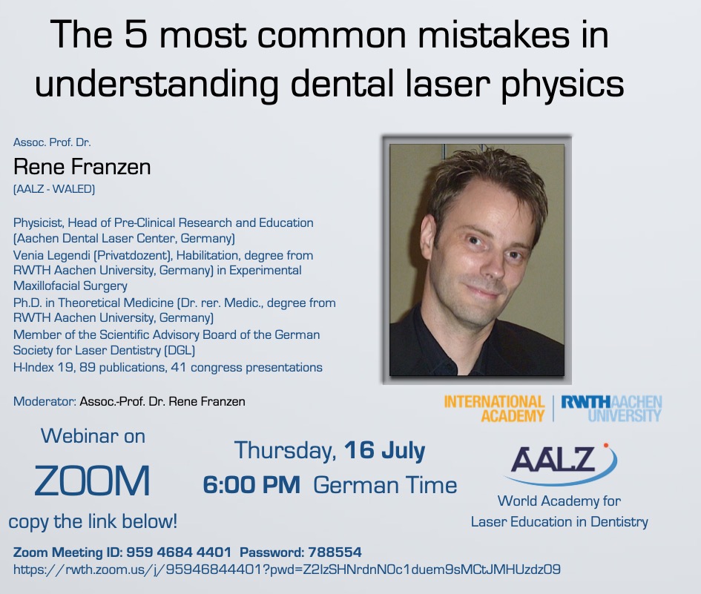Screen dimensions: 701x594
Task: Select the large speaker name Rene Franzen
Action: (82, 167)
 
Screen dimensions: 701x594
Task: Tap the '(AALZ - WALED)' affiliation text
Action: (54, 189)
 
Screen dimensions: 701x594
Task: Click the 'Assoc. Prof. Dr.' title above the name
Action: (52, 142)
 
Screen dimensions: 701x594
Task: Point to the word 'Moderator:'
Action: (45, 401)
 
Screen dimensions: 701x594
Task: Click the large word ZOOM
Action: (92, 481)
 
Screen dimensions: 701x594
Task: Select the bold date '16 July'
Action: (384, 450)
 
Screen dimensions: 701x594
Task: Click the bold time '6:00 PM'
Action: (251, 485)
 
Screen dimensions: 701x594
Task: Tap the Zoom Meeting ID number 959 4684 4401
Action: (179, 552)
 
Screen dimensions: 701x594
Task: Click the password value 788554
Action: (335, 552)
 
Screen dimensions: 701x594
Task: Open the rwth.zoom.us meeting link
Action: (286, 570)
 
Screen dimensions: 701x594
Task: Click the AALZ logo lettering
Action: (553, 459)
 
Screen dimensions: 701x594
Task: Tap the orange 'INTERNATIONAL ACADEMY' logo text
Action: (494, 409)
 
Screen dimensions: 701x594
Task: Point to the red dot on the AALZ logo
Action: (606, 445)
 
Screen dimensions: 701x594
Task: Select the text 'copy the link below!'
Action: (93, 521)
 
